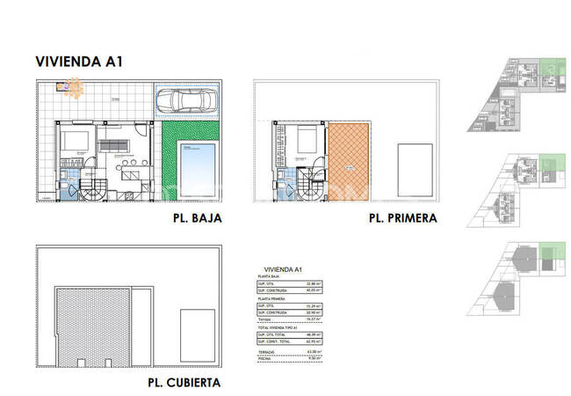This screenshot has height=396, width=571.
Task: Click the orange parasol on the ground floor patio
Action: pos(72,88)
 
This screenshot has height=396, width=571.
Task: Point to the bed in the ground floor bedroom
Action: pos(74,141)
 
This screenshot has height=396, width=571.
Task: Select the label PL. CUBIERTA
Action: pos(184,383)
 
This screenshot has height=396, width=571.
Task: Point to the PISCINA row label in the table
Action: pos(265,358)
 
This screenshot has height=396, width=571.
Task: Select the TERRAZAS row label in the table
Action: pos(267,351)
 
